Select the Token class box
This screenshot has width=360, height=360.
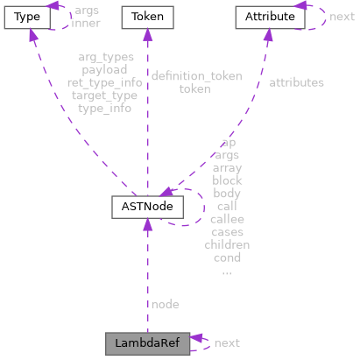(147, 17)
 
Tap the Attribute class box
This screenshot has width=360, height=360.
(266, 17)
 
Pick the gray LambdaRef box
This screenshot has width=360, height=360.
(147, 342)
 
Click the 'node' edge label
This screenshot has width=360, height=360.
(165, 304)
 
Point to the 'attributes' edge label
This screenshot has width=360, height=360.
(296, 82)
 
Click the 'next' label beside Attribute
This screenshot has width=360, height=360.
(342, 17)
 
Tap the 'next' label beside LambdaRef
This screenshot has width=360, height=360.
(228, 342)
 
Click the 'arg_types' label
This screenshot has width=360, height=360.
(104, 58)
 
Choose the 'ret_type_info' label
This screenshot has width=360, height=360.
(104, 82)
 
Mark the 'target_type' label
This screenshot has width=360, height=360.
(104, 95)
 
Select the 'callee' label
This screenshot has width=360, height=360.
(227, 219)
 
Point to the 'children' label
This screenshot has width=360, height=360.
(227, 244)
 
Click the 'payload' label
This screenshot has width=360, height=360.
(104, 70)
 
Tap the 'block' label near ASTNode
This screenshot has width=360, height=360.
(227, 180)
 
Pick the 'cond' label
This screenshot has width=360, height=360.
(227, 258)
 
